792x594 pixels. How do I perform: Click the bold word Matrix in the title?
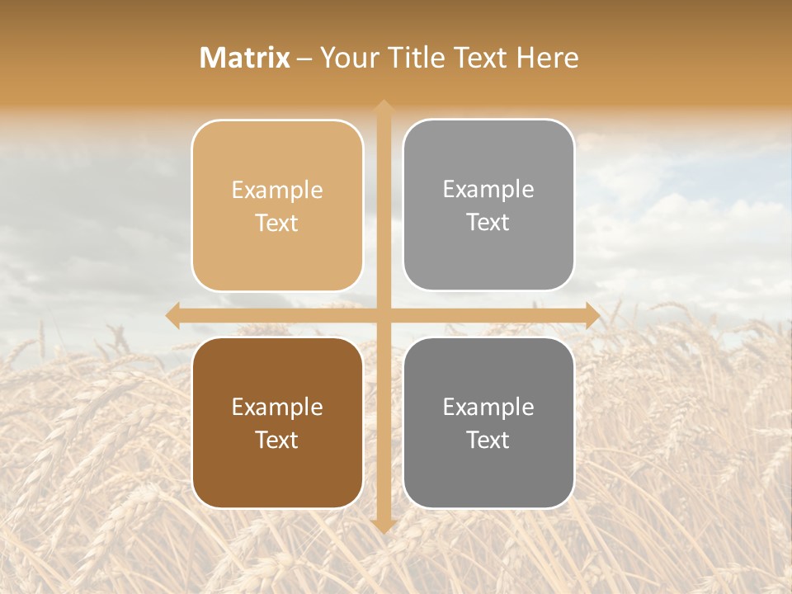point(245,58)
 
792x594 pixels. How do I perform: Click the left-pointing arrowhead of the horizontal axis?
point(172,315)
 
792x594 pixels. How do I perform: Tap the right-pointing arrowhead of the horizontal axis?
point(592,315)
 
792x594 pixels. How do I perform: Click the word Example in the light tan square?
point(277,191)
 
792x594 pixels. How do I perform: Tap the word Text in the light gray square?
point(488,223)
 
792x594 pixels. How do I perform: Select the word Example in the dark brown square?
point(277,408)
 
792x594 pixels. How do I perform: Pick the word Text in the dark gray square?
point(488,440)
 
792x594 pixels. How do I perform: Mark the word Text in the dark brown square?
point(277,440)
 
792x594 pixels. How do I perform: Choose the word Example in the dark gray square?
point(488,408)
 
